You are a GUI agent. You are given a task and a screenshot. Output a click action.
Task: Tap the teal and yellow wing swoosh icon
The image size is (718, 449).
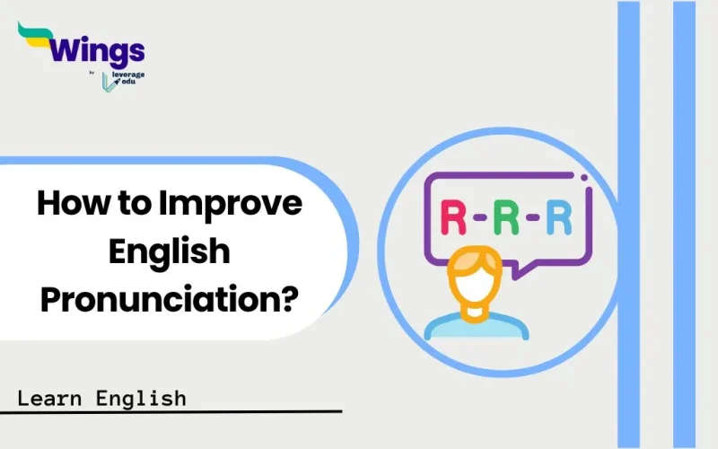coord(36,36)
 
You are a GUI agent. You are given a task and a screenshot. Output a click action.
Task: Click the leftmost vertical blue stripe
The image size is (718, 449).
coord(628,224)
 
